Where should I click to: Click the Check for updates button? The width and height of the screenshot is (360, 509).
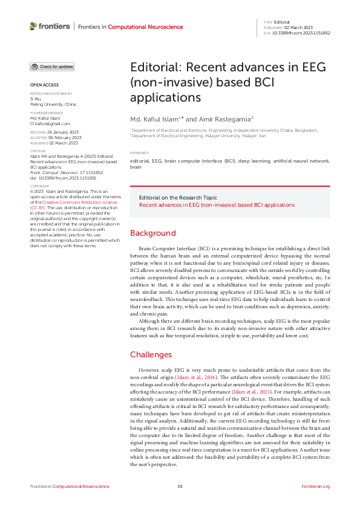53,66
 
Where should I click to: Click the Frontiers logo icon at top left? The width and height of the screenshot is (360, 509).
33,26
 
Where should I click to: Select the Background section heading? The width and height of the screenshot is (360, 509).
153,233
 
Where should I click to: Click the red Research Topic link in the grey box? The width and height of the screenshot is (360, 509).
217,205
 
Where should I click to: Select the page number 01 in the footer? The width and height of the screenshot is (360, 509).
180,486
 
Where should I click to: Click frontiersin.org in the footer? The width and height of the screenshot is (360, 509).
316,486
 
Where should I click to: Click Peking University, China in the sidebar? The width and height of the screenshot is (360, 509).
53,105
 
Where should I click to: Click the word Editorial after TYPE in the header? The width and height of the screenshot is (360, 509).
282,22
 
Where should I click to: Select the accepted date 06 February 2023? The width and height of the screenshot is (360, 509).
64,137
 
